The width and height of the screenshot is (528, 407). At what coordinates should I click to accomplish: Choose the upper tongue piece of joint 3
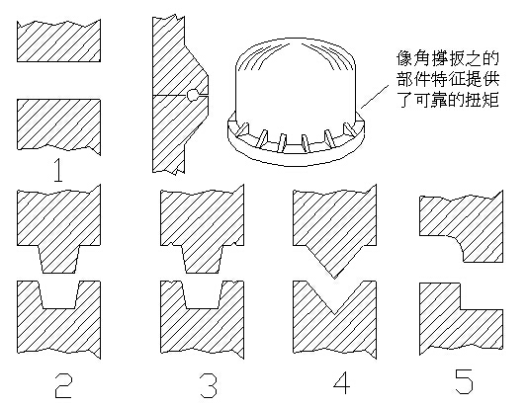tap(202, 222)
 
